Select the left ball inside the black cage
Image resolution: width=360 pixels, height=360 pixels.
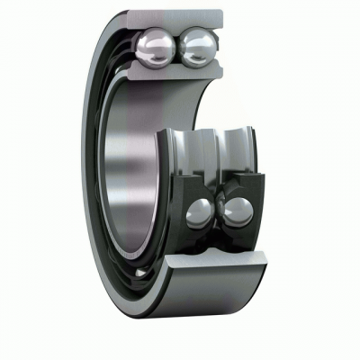pos(199,213)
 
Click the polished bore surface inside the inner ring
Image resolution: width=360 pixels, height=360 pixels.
pos(126,171)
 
